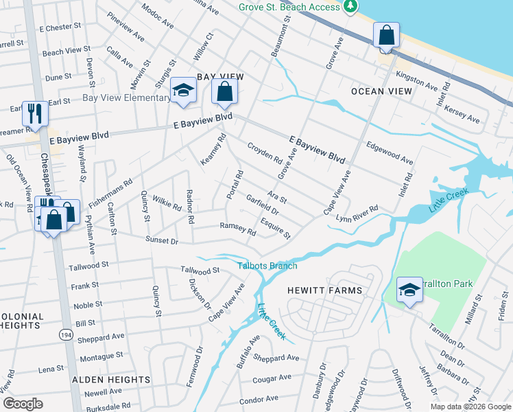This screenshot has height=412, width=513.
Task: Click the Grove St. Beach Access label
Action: coord(289,7)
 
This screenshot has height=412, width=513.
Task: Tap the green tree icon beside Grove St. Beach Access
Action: coord(351,6)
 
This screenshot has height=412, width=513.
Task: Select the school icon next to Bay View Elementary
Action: coord(183,90)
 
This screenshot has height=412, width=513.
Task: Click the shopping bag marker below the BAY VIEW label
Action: coord(224,91)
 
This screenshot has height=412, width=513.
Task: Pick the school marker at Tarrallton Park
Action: coord(409,290)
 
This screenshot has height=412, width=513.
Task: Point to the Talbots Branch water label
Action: coord(267,266)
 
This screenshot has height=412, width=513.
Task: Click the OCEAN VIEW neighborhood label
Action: coord(381,91)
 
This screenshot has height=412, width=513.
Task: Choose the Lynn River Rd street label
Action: coord(357,214)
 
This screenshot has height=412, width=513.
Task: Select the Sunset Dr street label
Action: coord(161,241)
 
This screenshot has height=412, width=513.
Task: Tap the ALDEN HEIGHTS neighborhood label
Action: coord(111,379)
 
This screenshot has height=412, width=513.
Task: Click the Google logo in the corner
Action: coord(23,404)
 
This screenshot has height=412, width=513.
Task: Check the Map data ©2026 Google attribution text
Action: coord(470,407)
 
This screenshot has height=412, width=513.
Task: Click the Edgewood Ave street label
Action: coord(390,152)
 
